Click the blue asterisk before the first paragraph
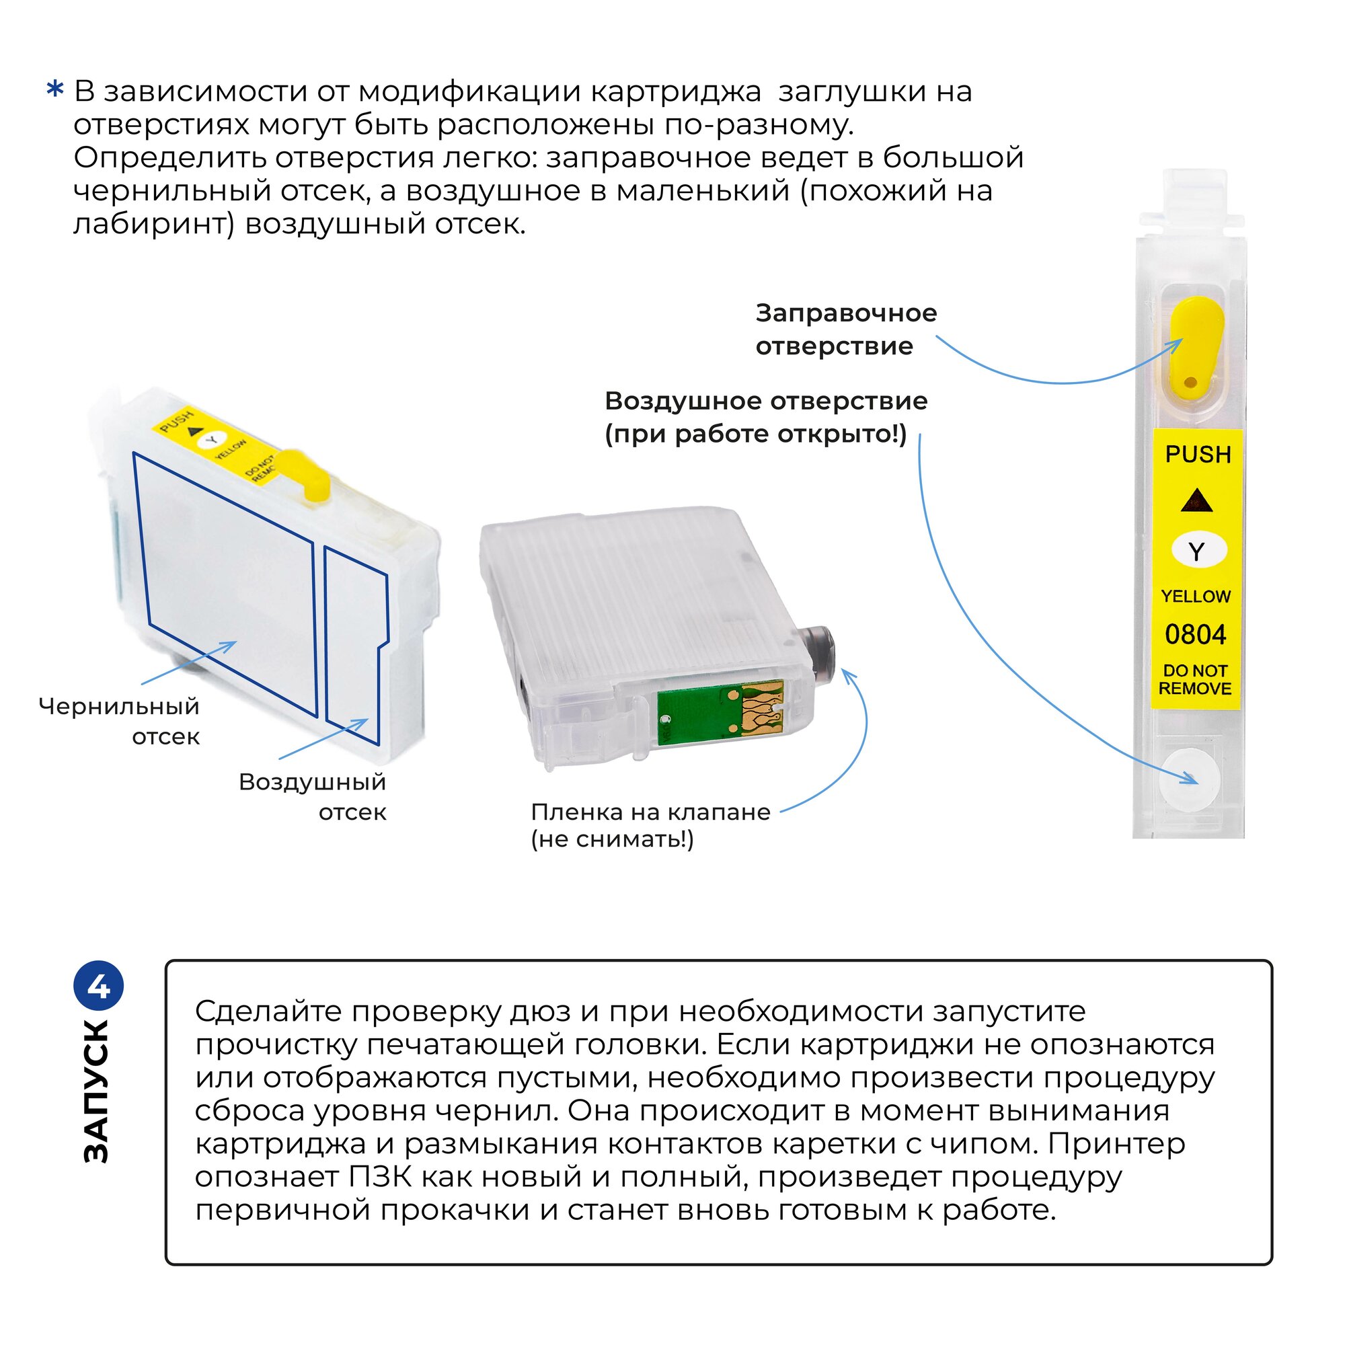(55, 91)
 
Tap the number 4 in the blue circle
(99, 988)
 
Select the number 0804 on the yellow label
(1195, 635)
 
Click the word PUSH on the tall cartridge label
(1198, 455)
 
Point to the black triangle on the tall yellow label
(1197, 500)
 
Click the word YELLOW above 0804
(1195, 597)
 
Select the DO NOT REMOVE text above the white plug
(1195, 679)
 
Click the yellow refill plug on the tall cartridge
(1195, 344)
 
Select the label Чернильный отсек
(120, 721)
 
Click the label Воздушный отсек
(313, 796)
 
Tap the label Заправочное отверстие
(846, 330)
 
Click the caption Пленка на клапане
(650, 812)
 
